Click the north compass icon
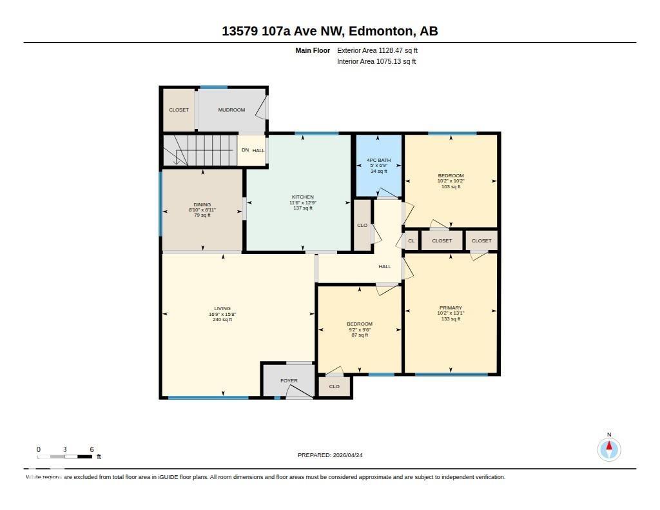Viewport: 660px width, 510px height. pyautogui.click(x=609, y=449)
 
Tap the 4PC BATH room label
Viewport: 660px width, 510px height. pyautogui.click(x=378, y=160)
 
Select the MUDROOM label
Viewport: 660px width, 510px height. pyautogui.click(x=231, y=110)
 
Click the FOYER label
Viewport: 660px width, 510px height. pyautogui.click(x=289, y=381)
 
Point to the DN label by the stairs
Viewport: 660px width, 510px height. pyautogui.click(x=245, y=150)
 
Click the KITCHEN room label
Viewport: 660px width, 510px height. pyautogui.click(x=302, y=197)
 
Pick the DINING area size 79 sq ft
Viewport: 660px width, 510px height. pyautogui.click(x=202, y=215)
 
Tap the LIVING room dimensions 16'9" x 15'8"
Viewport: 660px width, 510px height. pyautogui.click(x=222, y=314)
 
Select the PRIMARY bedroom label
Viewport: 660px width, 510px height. pyautogui.click(x=451, y=308)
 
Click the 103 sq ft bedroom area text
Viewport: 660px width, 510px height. pyautogui.click(x=451, y=186)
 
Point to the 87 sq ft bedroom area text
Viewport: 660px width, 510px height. pyautogui.click(x=359, y=335)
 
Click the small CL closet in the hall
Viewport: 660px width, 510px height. pyautogui.click(x=411, y=240)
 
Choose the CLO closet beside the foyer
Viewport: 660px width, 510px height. pyautogui.click(x=334, y=387)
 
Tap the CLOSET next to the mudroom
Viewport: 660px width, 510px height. pyautogui.click(x=179, y=110)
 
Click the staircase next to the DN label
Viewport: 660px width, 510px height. pyautogui.click(x=200, y=150)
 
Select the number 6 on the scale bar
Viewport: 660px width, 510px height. pyautogui.click(x=92, y=449)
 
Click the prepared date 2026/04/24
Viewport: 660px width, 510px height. pyautogui.click(x=352, y=455)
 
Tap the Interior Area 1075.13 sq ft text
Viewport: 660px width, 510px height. pyautogui.click(x=376, y=62)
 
